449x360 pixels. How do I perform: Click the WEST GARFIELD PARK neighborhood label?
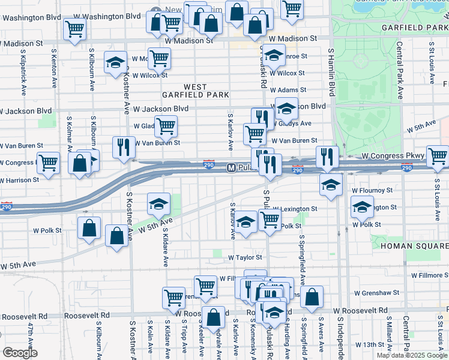click(x=195, y=91)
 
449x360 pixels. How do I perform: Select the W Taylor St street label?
click(x=246, y=257)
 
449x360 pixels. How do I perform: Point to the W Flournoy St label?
click(x=372, y=190)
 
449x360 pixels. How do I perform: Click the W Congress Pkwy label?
click(x=393, y=155)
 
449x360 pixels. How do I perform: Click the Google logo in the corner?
click(x=20, y=353)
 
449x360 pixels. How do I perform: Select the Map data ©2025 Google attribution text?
click(x=411, y=355)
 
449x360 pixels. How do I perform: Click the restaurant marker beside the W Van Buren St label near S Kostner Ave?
click(x=124, y=147)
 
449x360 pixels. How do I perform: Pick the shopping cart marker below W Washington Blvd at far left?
click(x=75, y=28)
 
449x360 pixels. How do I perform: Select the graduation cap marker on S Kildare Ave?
click(x=159, y=204)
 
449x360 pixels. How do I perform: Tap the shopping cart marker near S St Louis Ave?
click(x=438, y=156)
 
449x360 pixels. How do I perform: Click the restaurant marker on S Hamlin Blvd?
click(x=327, y=157)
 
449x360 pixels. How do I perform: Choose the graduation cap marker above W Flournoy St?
click(x=330, y=185)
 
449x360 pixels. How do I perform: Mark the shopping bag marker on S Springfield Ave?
click(x=312, y=296)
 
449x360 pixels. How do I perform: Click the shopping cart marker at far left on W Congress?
click(x=48, y=162)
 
